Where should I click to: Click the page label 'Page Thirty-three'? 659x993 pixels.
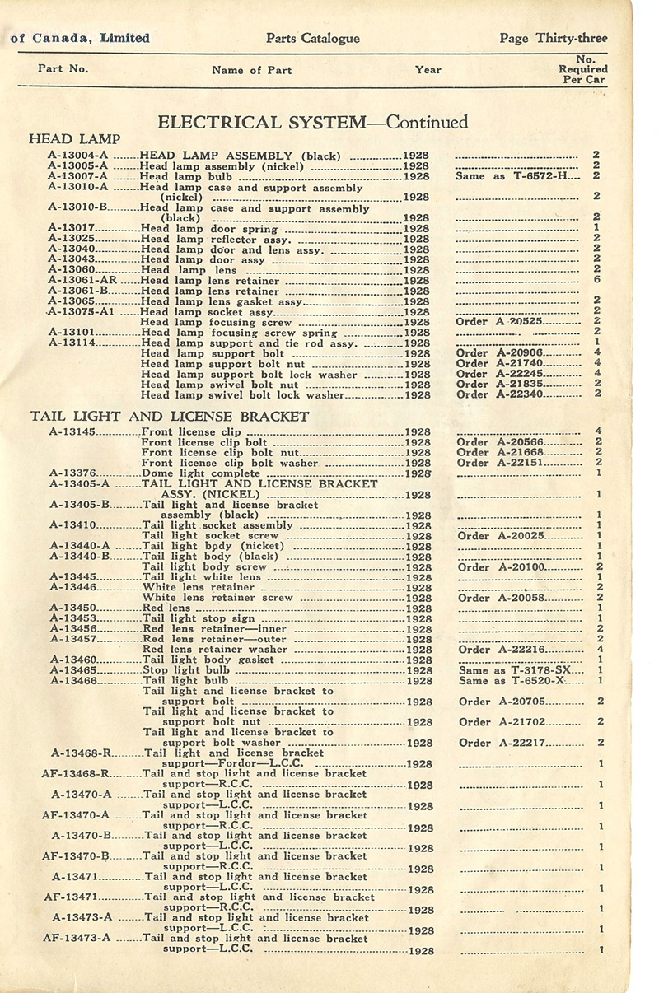(553, 38)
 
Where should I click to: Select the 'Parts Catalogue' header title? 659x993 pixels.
(313, 38)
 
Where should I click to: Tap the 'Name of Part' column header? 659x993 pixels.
(246, 70)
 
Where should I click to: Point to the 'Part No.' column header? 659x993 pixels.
(63, 68)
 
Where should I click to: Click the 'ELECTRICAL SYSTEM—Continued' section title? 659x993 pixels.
(312, 123)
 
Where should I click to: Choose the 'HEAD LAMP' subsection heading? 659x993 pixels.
(74, 138)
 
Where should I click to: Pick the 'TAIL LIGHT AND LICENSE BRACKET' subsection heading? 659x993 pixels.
(169, 416)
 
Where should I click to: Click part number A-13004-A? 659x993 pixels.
(77, 155)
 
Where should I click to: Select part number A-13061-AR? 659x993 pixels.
(82, 280)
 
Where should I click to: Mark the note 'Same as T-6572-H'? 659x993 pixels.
(512, 176)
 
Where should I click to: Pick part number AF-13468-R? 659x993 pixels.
(77, 774)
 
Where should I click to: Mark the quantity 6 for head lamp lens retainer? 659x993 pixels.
(596, 280)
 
